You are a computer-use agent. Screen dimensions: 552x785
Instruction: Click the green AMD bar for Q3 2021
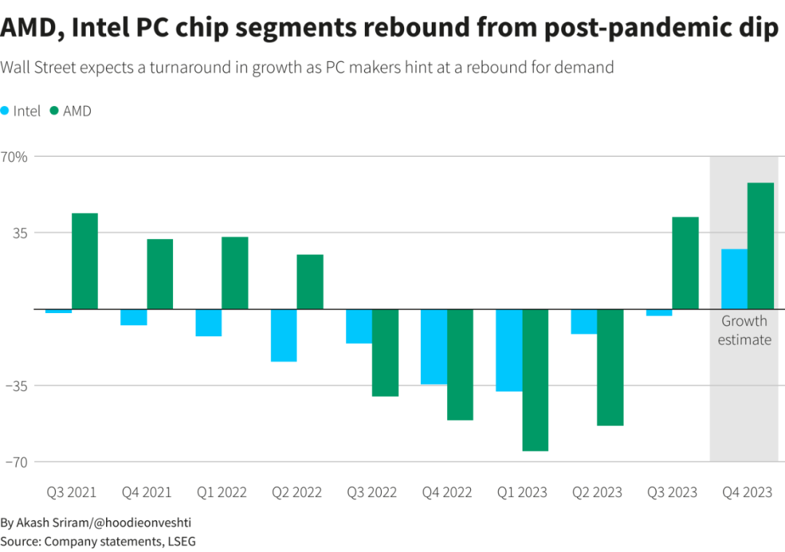(84, 261)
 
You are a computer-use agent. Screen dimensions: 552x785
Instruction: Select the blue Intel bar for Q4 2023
(734, 279)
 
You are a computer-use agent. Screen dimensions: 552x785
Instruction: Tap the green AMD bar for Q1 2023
(535, 380)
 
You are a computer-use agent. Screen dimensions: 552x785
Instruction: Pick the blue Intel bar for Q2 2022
(283, 335)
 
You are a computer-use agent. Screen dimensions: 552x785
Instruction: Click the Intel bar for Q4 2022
(434, 346)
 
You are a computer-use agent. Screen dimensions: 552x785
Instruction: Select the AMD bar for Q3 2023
(685, 263)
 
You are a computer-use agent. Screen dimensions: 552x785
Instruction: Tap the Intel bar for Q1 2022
(209, 322)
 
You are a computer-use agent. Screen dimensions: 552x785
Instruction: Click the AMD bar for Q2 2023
(611, 367)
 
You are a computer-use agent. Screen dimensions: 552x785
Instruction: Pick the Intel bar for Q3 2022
(359, 326)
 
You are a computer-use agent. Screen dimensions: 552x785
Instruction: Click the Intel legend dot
(5, 111)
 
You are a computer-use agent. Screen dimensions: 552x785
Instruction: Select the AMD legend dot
(54, 111)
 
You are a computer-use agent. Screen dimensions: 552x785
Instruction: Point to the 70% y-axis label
(14, 156)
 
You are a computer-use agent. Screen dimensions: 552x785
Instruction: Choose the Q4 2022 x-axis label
(447, 492)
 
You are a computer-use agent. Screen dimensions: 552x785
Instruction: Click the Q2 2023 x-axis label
(597, 492)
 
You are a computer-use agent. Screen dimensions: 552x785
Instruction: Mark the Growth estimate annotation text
(744, 330)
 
